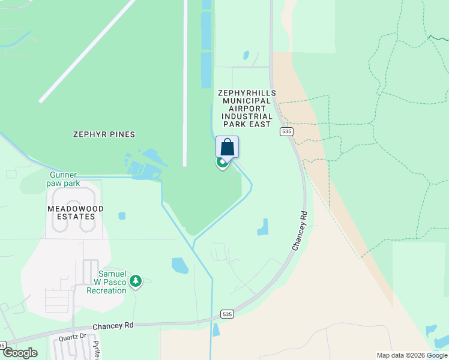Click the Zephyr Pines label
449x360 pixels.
[104, 134]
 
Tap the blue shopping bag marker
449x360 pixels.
[228, 147]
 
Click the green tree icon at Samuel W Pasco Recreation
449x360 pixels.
[136, 280]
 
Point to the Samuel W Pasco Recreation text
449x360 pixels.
[107, 281]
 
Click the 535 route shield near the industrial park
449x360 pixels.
[286, 131]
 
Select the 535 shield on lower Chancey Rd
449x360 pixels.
[226, 314]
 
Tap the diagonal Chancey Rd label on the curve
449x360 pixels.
[300, 231]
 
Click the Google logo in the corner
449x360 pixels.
[20, 353]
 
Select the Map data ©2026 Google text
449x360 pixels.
[412, 355]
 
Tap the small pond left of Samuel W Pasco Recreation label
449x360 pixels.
[179, 265]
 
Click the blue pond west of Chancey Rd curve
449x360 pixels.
[263, 226]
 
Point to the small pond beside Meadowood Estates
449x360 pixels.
[122, 215]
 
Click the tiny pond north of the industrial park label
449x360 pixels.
[246, 56]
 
